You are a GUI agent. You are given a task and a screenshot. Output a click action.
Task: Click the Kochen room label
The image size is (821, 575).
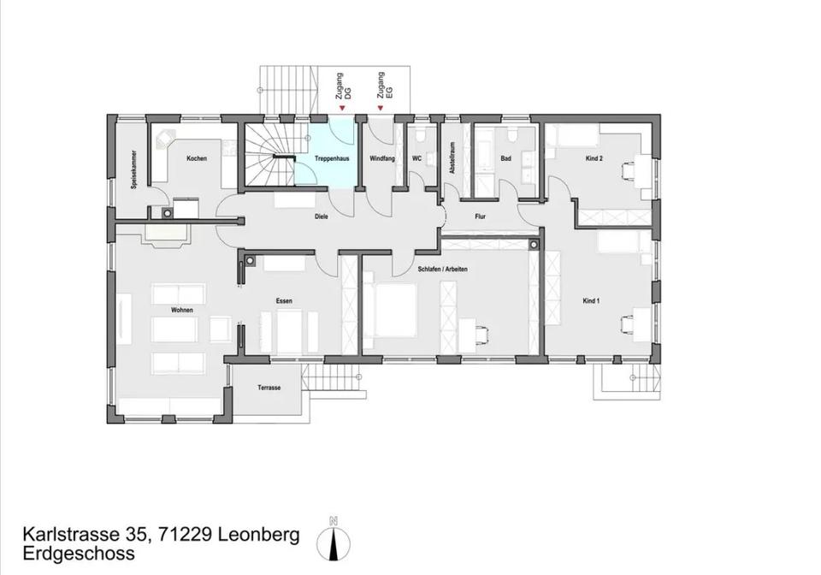[197, 158]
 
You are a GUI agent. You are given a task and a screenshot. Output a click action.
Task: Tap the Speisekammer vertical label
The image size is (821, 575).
[134, 169]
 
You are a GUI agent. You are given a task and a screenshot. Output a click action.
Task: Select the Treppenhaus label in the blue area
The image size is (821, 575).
[332, 158]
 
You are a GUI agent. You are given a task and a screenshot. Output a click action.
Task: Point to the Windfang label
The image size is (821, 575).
[382, 158]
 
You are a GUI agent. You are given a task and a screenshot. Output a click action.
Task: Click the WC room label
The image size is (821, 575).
[416, 158]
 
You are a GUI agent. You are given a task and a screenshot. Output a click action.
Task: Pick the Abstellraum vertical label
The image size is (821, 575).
[452, 157]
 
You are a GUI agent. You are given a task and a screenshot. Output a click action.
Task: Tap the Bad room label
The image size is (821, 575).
[505, 158]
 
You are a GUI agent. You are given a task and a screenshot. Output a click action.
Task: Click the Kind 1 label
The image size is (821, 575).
[591, 301]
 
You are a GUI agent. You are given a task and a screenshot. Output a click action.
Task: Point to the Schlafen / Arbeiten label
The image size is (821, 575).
[442, 270]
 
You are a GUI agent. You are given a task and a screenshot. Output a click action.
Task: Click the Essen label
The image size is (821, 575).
[284, 301]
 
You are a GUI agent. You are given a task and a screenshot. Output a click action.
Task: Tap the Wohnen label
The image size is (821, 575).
[181, 310]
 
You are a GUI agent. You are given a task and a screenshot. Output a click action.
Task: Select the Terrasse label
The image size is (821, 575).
[269, 388]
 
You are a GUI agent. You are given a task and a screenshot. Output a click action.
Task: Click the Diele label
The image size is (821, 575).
[322, 216]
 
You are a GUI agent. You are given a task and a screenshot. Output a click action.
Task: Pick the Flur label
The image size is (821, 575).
[480, 216]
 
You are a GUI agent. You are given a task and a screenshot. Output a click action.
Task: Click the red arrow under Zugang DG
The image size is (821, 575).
[342, 109]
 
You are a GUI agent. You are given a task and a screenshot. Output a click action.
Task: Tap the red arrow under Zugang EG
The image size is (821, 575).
[381, 109]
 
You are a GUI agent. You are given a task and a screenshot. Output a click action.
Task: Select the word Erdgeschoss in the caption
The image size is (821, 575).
[79, 554]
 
